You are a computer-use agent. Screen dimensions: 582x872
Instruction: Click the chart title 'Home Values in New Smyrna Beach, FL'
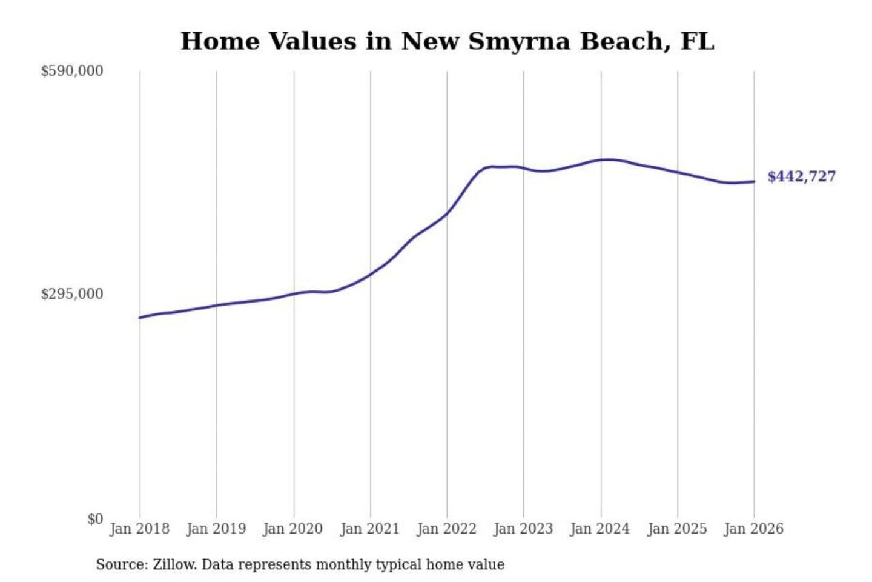447,41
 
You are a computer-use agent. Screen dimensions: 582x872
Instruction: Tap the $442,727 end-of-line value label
801,176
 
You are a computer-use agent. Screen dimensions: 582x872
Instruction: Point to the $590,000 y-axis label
72,71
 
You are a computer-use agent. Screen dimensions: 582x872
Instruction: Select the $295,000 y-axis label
72,294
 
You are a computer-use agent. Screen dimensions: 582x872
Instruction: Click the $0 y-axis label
95,519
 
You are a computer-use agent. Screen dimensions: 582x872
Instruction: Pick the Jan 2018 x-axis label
139,529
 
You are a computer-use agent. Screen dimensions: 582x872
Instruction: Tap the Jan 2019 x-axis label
216,529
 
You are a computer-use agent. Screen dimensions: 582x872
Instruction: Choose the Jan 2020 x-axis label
293,529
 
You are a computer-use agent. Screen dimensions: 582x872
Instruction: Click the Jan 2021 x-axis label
370,529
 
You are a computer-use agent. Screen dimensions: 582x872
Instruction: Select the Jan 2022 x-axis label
447,529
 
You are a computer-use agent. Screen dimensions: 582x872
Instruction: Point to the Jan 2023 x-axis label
523,529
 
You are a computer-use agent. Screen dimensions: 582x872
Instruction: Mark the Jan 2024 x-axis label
600,529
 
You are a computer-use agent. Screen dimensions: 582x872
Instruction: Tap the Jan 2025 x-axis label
677,529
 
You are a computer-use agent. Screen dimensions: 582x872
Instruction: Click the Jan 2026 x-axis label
754,529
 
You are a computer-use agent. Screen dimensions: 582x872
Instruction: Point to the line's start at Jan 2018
140,318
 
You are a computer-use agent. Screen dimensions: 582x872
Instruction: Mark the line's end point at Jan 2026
754,181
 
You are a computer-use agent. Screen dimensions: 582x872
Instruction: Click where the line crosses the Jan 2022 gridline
448,213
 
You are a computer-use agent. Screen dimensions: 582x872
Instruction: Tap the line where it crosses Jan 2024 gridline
601,160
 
